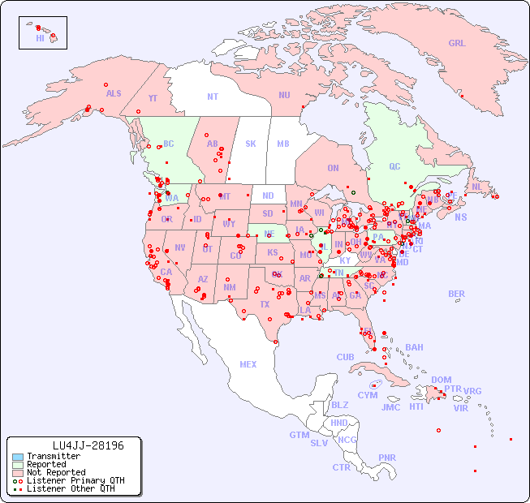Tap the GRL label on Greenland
(457, 44)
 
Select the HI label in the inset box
(40, 38)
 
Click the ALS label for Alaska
(114, 94)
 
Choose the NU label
(284, 95)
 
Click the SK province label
(251, 144)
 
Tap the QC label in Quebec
(394, 167)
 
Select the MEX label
(248, 364)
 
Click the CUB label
(346, 357)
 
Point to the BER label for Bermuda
(457, 294)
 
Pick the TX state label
(265, 304)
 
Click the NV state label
(180, 247)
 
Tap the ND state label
(268, 196)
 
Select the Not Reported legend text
(56, 472)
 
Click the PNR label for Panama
(387, 458)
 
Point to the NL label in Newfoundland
(477, 187)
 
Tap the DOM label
(442, 380)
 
